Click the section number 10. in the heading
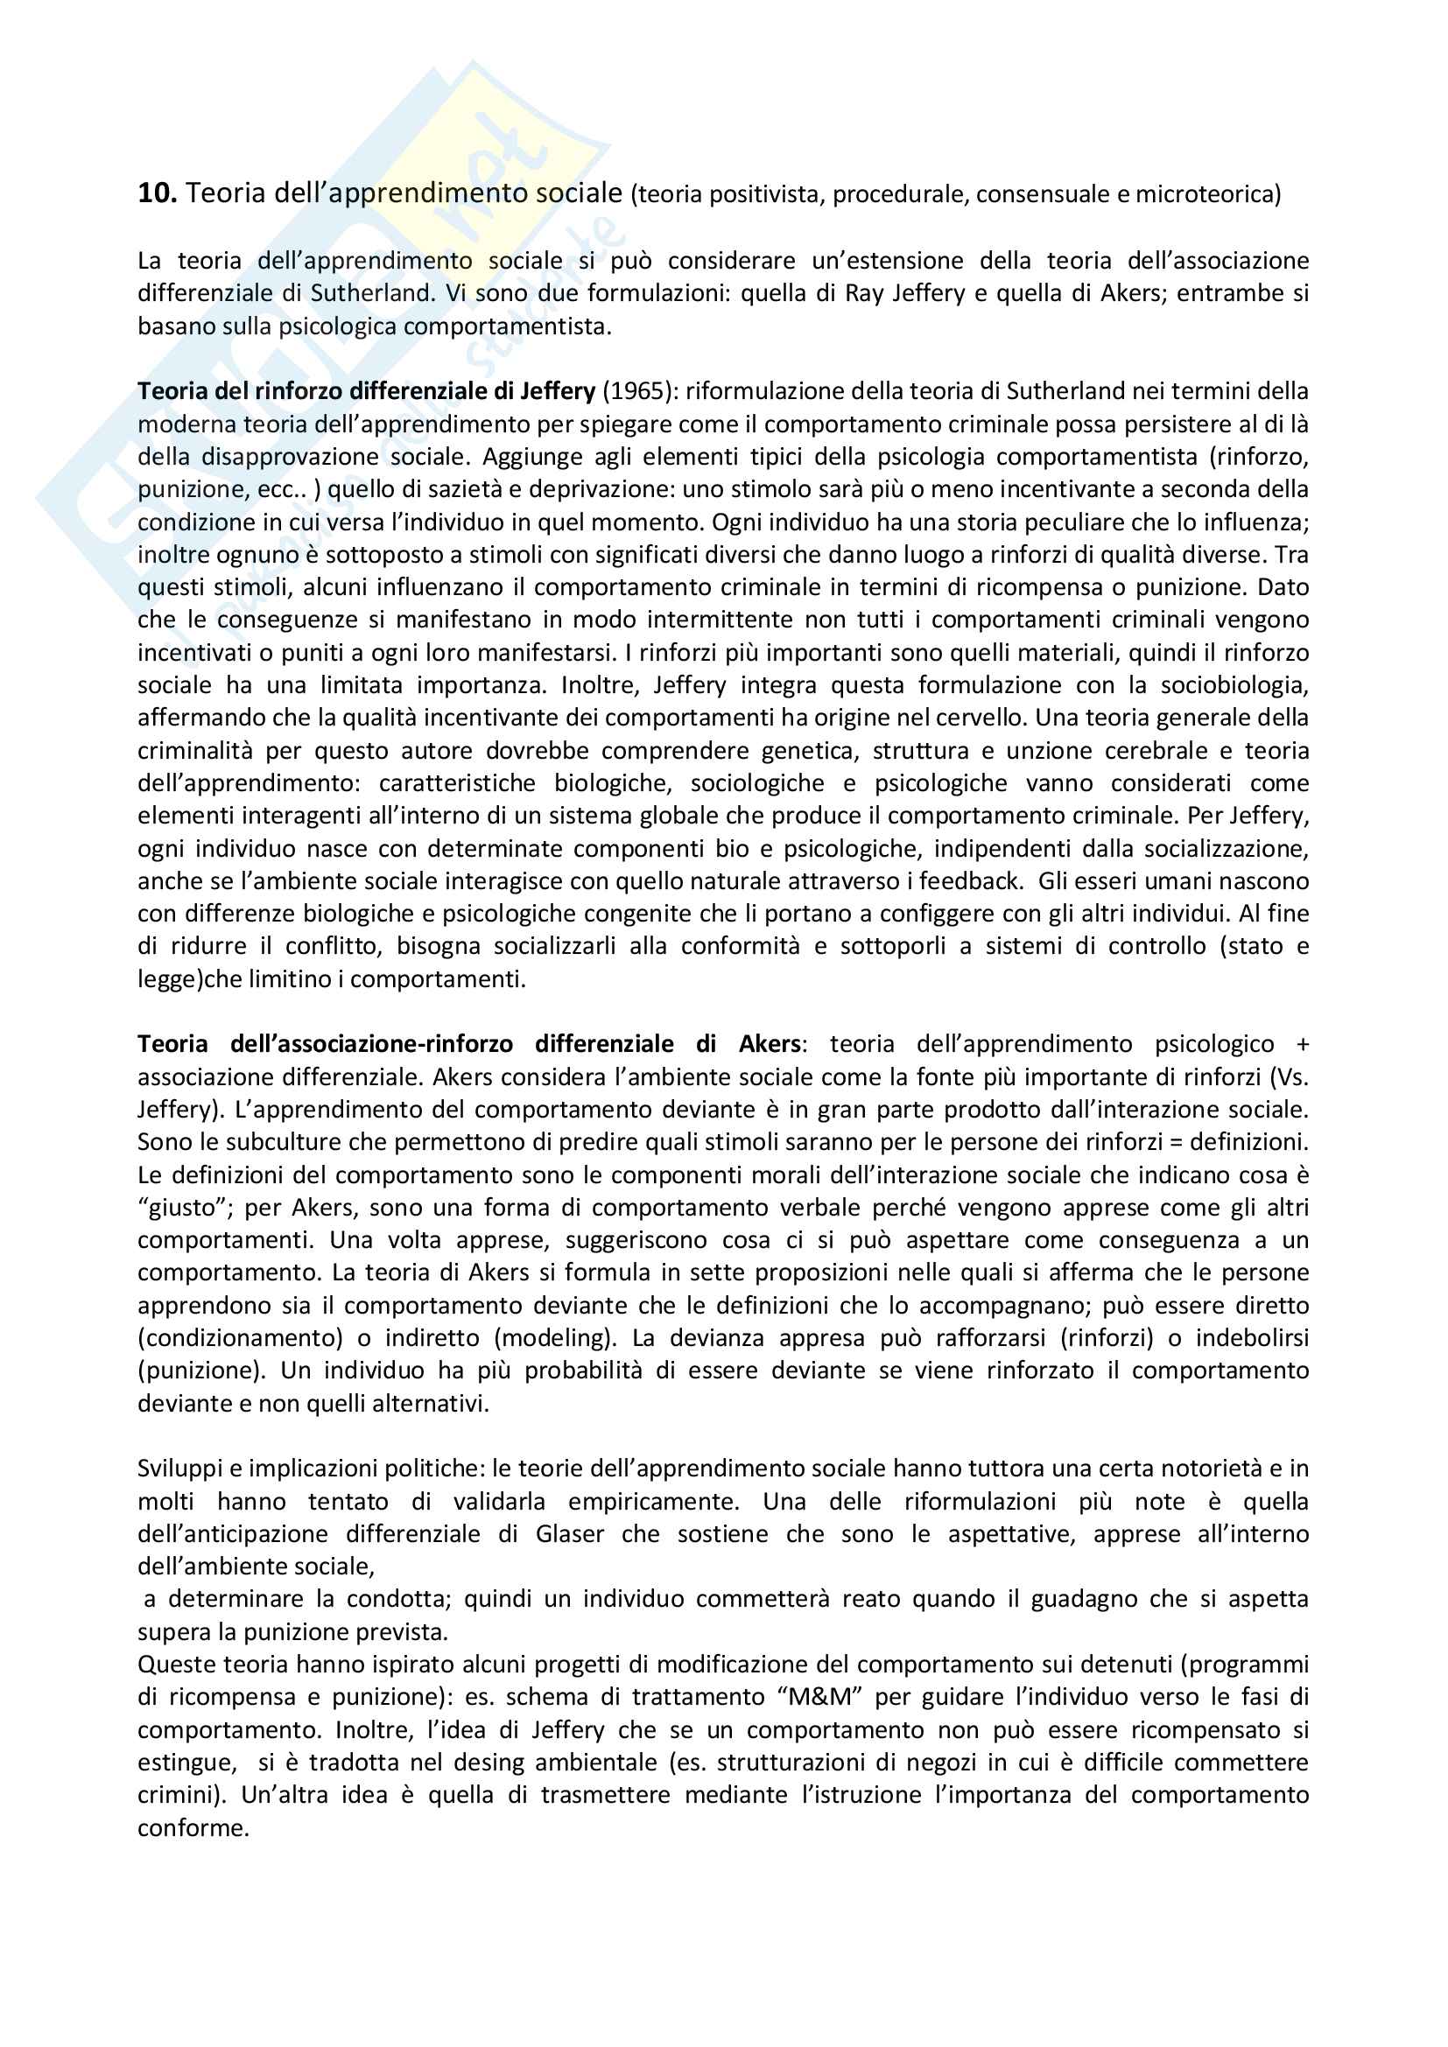pos(157,193)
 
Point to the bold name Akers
pos(770,1044)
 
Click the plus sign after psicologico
pos(1303,1045)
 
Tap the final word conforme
pos(192,1828)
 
